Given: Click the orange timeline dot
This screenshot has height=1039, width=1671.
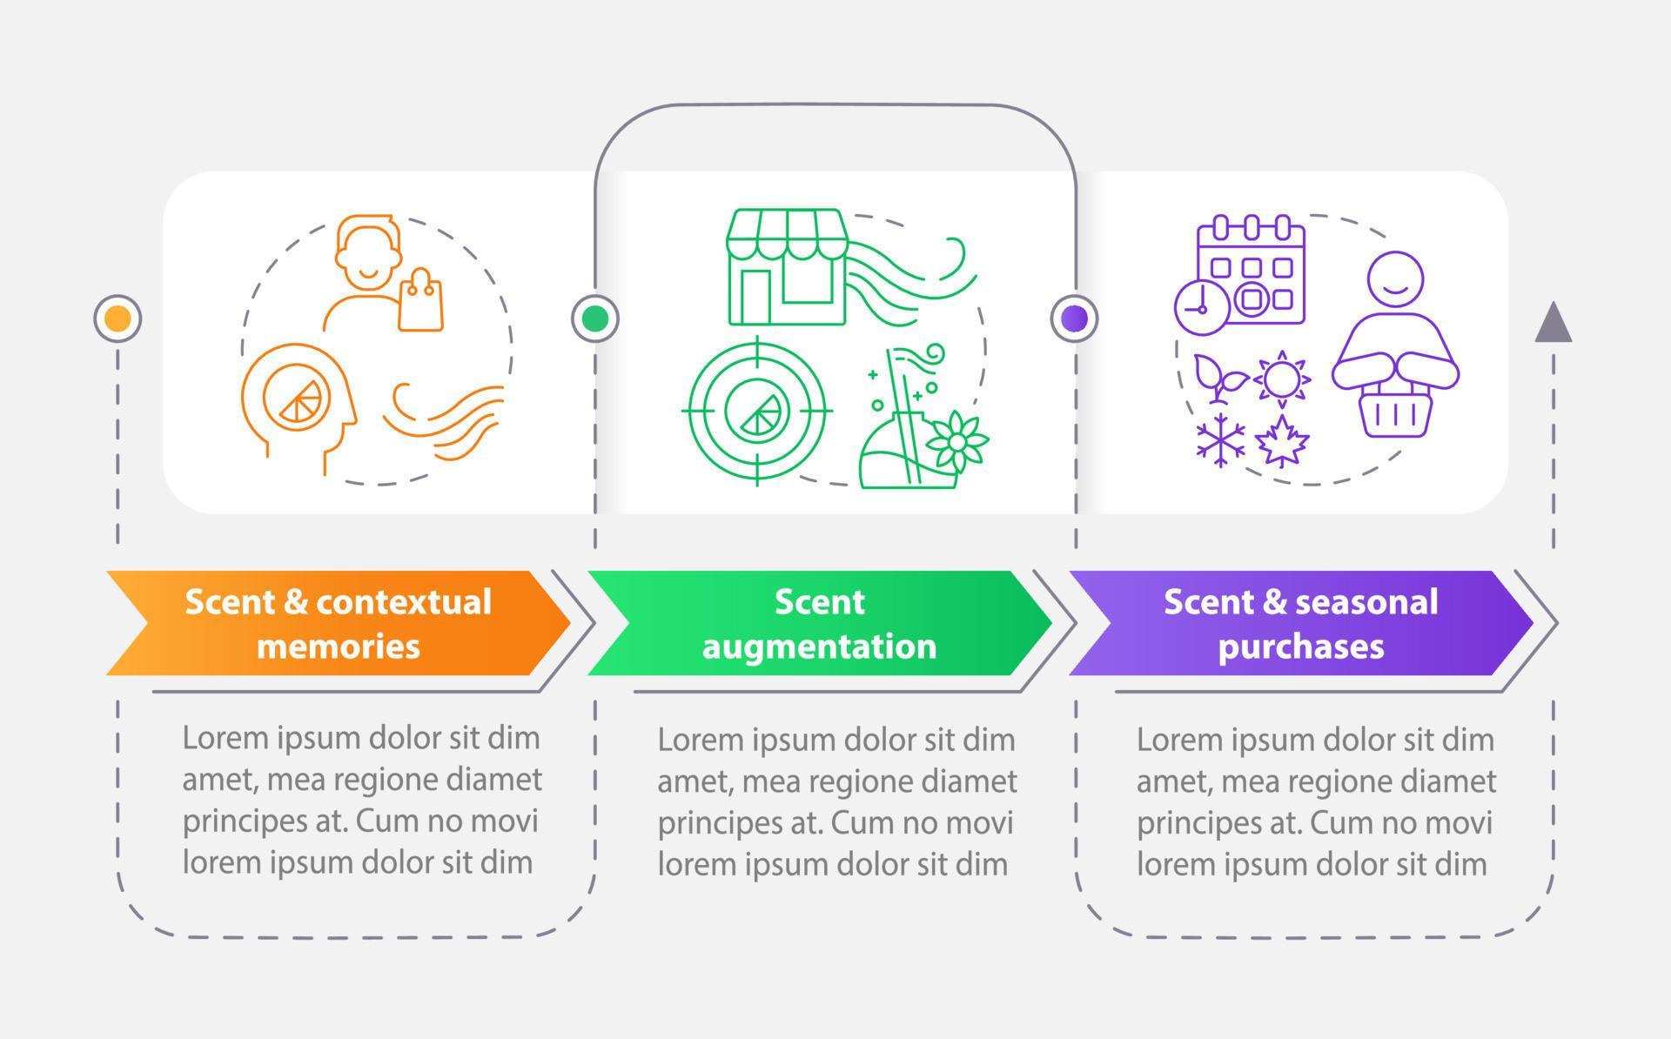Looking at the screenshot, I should (x=117, y=318).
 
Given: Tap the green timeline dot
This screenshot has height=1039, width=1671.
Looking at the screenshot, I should (x=595, y=318).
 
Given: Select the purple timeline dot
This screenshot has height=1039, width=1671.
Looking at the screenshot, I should (x=1075, y=318).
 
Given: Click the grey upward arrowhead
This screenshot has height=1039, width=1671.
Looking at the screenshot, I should (x=1553, y=323).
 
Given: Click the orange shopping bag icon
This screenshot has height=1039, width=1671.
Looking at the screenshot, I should (x=421, y=302).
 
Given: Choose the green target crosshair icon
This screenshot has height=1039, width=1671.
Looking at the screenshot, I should (x=757, y=410).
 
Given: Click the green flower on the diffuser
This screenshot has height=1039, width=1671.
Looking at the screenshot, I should (x=956, y=442).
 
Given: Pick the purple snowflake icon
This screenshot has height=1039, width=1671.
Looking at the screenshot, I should (x=1219, y=440).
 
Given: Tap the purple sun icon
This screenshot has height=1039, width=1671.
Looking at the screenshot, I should (x=1282, y=379).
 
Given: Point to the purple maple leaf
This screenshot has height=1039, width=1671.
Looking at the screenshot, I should (x=1282, y=442).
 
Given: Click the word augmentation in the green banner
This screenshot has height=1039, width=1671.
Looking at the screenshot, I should (x=819, y=647).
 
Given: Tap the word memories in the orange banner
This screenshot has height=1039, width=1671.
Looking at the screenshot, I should (x=338, y=647).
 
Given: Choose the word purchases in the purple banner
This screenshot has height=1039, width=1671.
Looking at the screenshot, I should (x=1300, y=647).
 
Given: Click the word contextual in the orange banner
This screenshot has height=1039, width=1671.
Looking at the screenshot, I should (x=404, y=602).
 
